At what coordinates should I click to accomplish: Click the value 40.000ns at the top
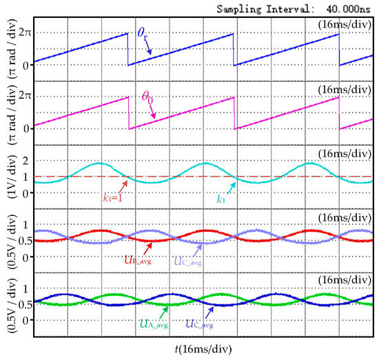click(x=348, y=9)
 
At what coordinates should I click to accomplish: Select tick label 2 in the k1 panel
click(x=25, y=161)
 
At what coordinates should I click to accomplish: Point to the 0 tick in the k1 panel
click(x=25, y=194)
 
